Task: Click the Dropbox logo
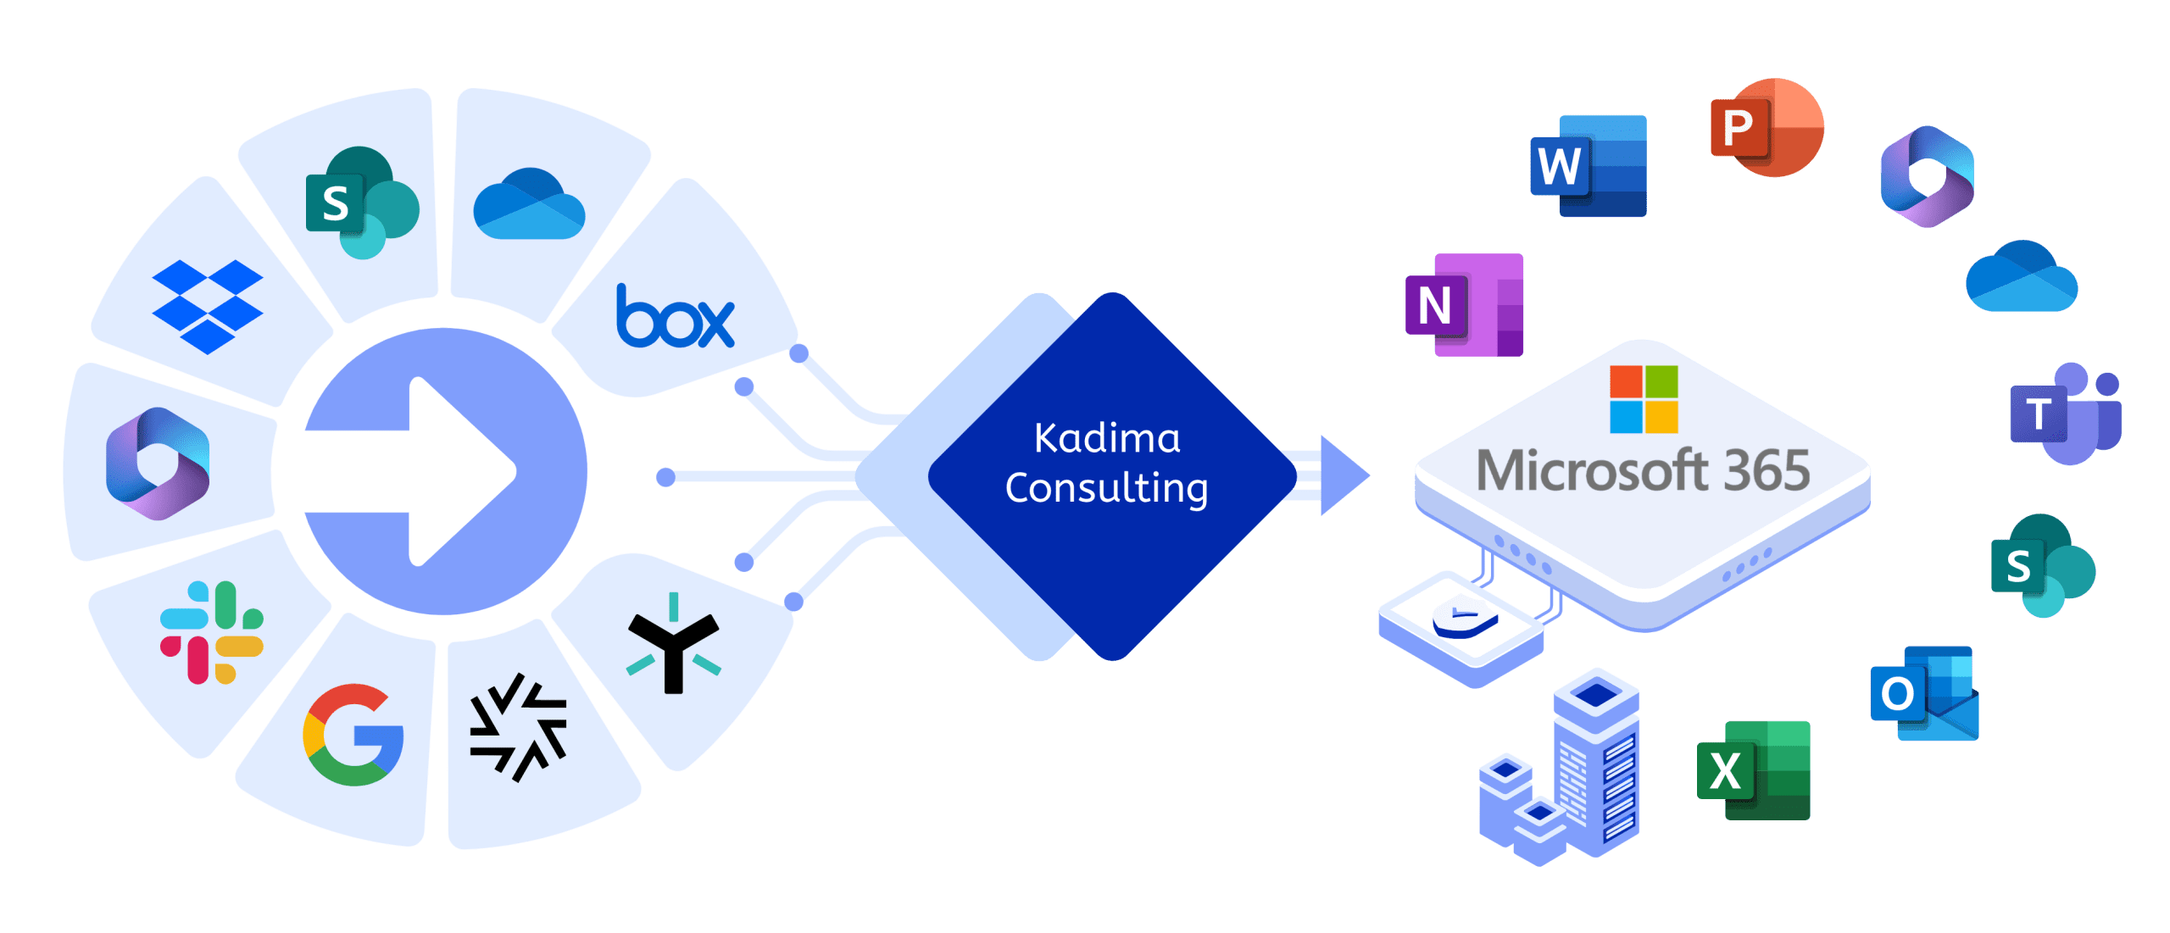coord(208,305)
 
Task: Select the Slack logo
coord(212,632)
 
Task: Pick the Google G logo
coord(353,734)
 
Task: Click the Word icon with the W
coord(1588,166)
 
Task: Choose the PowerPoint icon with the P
coord(1767,128)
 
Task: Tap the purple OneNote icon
coord(1464,304)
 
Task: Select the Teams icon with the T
coord(2065,414)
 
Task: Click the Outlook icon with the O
coord(1924,693)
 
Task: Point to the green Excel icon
coord(1753,769)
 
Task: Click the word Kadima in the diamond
coord(1107,439)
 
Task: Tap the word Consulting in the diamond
coord(1107,489)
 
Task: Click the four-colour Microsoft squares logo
coord(1644,399)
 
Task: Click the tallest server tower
coord(1596,763)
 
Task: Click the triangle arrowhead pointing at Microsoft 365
coord(1344,475)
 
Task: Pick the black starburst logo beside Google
coord(518,727)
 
